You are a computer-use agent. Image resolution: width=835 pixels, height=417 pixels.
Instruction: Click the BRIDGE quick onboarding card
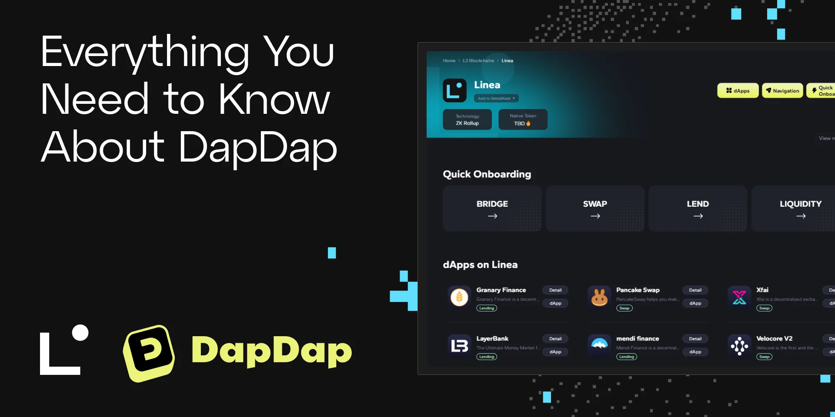click(x=492, y=208)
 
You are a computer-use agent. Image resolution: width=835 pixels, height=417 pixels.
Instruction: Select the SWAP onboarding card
click(x=595, y=208)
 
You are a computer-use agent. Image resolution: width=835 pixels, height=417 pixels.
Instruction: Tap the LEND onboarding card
click(x=698, y=208)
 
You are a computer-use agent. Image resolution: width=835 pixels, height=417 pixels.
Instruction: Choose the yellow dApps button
click(x=738, y=90)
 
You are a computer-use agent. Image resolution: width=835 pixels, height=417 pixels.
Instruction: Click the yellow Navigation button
click(x=782, y=90)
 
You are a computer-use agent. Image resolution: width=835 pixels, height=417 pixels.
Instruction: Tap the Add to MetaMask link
click(x=496, y=99)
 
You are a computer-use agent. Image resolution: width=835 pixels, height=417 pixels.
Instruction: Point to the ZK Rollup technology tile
click(x=467, y=119)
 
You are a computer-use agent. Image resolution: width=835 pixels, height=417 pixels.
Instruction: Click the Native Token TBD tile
click(x=523, y=119)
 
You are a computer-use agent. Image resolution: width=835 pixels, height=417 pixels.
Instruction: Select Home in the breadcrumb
click(x=449, y=61)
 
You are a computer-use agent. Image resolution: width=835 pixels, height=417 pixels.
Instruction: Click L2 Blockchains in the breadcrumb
click(x=478, y=61)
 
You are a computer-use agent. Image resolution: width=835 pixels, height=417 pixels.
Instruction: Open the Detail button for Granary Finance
click(x=555, y=290)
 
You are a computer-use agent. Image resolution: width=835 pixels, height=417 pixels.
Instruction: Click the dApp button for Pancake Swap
click(x=695, y=303)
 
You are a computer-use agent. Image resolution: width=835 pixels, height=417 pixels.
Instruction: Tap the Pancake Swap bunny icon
click(x=599, y=298)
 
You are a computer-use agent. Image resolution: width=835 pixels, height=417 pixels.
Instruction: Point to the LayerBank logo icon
click(x=459, y=346)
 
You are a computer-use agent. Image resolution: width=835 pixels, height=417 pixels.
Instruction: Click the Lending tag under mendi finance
click(x=626, y=357)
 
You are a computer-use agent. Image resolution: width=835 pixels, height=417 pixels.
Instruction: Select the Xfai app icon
click(x=739, y=298)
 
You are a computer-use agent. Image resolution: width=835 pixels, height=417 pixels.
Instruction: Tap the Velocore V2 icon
click(x=739, y=346)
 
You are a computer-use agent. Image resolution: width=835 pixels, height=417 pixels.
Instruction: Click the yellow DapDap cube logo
click(x=149, y=353)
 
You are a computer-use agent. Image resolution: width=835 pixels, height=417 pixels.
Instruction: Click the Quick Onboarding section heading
click(x=487, y=174)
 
